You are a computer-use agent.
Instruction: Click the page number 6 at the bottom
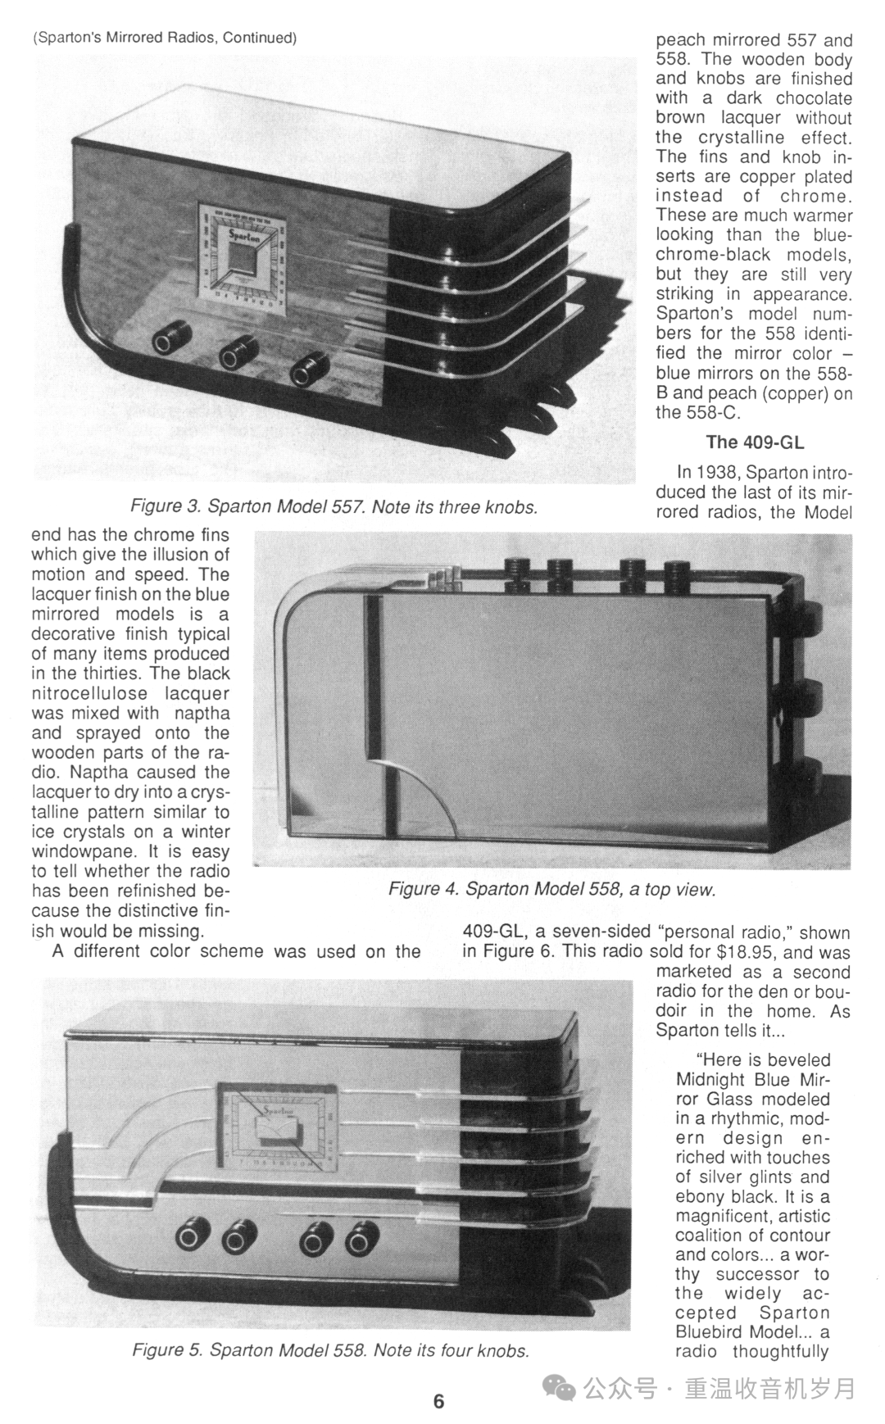[x=438, y=1401]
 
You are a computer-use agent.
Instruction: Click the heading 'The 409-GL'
[x=755, y=442]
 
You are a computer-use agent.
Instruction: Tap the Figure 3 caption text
[x=334, y=507]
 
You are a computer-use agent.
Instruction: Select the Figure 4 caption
[x=552, y=890]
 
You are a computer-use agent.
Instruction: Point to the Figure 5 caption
[x=331, y=1350]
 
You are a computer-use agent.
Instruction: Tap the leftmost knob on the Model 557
[x=171, y=338]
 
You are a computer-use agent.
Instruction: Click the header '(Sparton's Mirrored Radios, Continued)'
[x=164, y=38]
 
